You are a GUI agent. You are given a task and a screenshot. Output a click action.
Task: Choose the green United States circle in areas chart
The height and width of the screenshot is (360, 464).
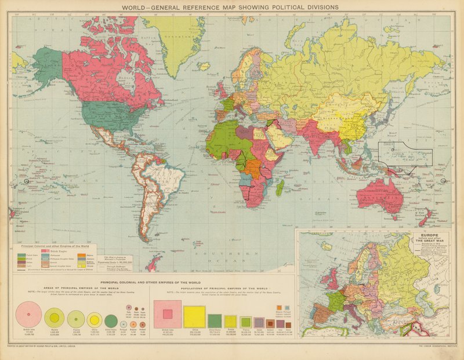click(x=111, y=319)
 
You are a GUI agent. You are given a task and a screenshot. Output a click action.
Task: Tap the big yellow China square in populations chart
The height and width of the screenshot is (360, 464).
click(x=194, y=317)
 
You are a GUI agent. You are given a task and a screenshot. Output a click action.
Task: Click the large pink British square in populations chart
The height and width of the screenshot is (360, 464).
click(x=167, y=314)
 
